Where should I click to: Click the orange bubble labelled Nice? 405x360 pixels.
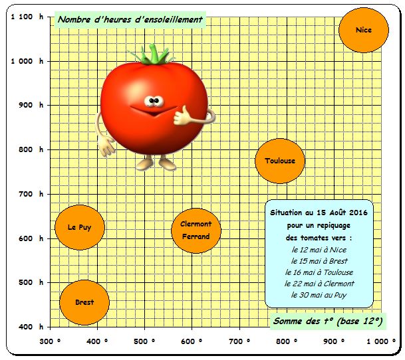[x=363, y=31]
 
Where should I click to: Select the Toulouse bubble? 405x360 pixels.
[x=280, y=161]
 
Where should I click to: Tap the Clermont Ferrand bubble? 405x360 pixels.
[x=196, y=230]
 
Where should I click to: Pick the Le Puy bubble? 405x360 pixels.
[x=80, y=227]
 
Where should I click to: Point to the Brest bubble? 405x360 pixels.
[x=84, y=302]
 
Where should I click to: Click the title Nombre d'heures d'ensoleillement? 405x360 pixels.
[x=130, y=20]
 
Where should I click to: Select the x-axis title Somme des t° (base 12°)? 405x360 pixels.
[x=328, y=321]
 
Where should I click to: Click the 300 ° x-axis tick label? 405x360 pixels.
[x=50, y=341]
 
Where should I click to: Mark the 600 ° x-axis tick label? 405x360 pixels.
[x=192, y=341]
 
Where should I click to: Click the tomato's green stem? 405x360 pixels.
[x=157, y=54]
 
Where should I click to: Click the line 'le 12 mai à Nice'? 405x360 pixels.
[x=319, y=250]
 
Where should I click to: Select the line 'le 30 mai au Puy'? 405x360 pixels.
[x=319, y=295]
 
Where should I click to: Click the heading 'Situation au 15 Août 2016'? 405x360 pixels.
[x=319, y=213]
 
